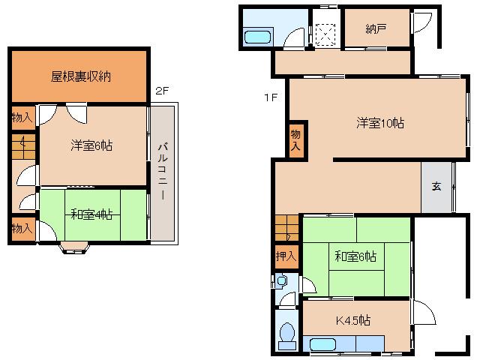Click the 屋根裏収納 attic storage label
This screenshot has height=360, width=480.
(81, 76)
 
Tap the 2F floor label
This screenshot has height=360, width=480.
(162, 91)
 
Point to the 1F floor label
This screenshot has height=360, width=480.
(270, 97)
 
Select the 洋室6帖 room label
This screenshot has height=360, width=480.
(92, 145)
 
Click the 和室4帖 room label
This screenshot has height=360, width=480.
(91, 215)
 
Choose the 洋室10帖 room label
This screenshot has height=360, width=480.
(379, 124)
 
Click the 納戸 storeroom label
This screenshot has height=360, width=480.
(376, 29)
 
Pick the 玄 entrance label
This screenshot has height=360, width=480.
(436, 186)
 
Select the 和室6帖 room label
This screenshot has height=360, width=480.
(355, 257)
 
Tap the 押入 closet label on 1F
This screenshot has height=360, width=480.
(286, 256)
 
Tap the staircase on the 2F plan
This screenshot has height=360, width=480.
(23, 146)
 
